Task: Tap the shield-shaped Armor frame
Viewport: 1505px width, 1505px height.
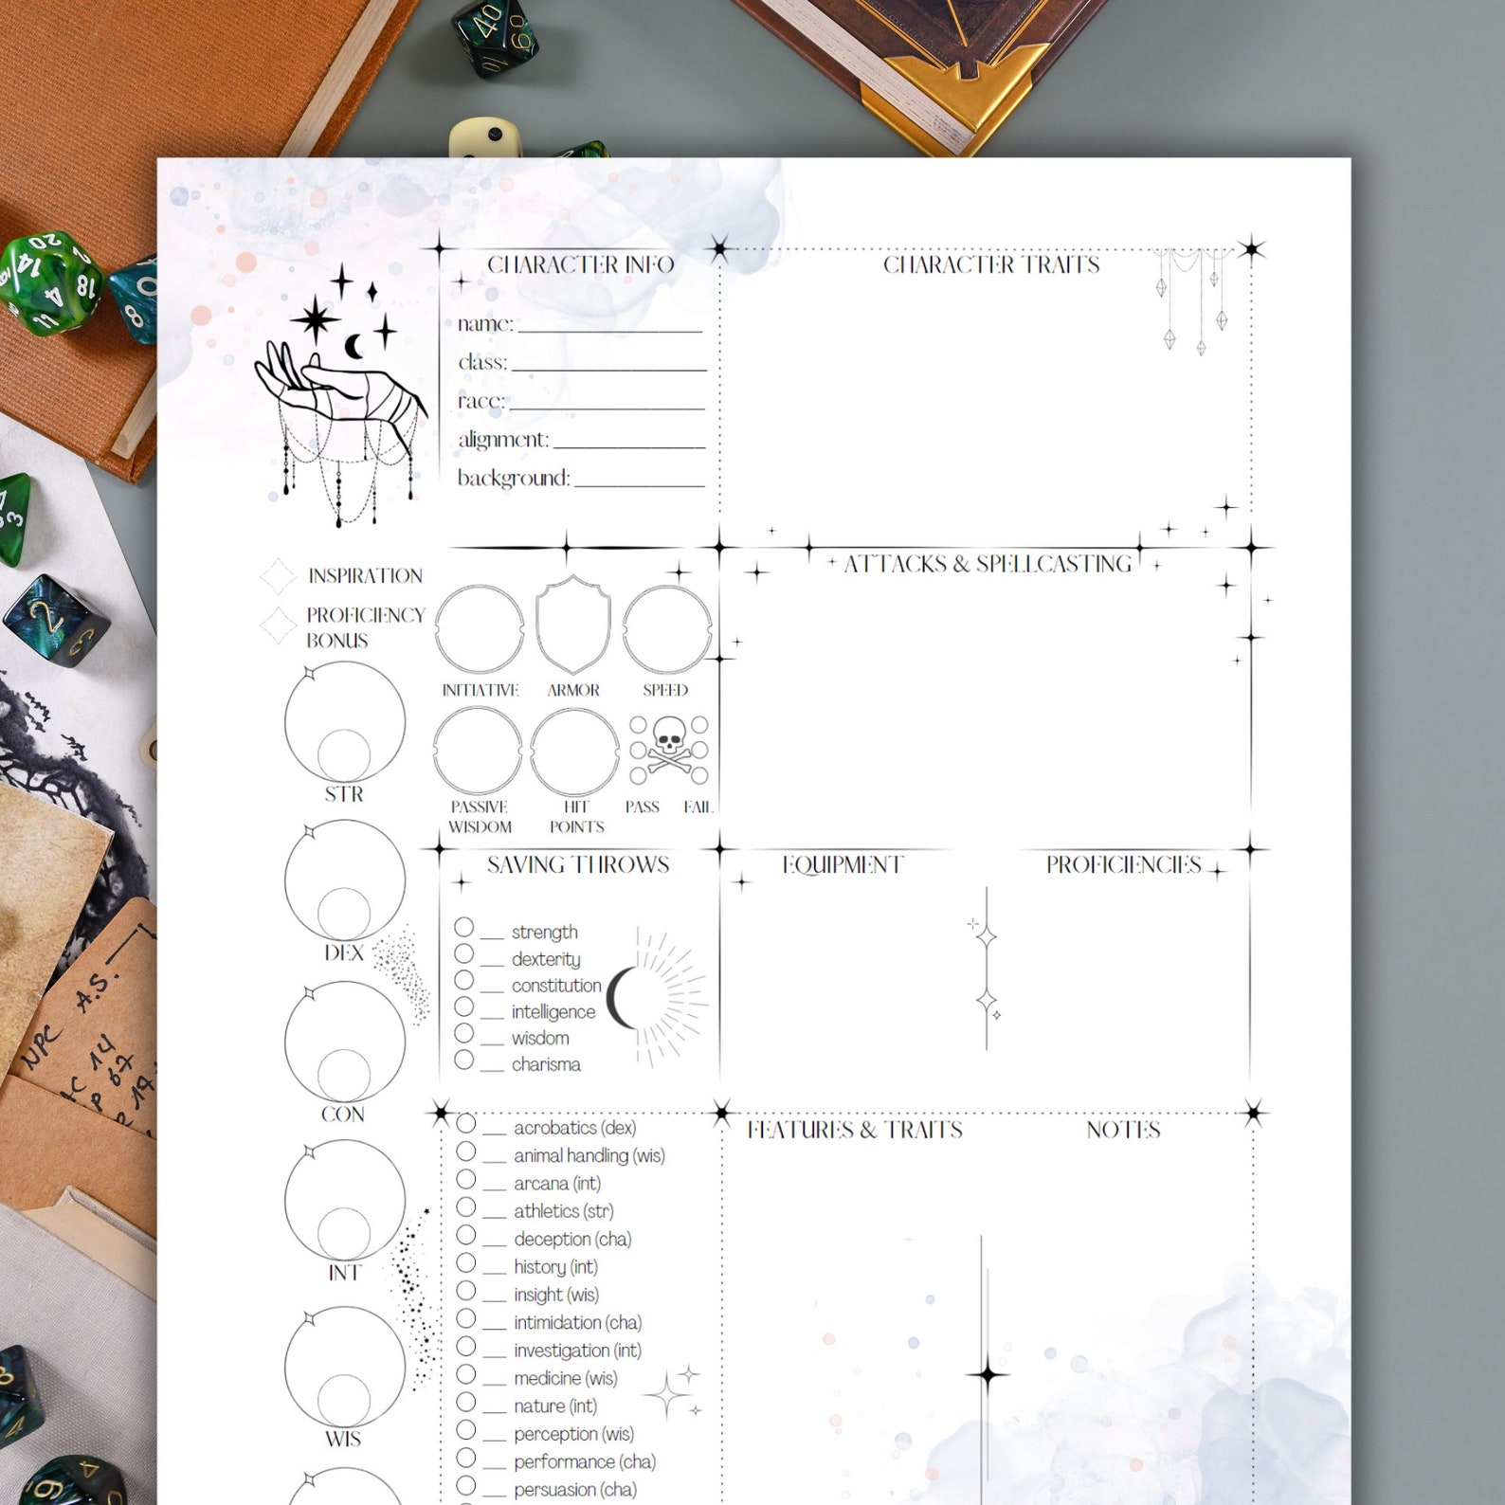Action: coord(572,626)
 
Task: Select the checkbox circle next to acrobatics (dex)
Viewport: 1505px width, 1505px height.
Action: coord(466,1123)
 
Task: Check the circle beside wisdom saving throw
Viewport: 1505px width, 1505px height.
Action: coord(463,1033)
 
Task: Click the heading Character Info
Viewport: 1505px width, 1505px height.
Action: coord(580,264)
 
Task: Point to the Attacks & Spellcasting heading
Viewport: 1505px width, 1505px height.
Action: coord(988,564)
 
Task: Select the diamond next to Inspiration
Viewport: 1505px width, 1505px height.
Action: coord(278,575)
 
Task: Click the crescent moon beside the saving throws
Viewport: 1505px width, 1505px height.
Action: coord(621,998)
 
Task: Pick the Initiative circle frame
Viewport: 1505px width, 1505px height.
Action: coord(479,629)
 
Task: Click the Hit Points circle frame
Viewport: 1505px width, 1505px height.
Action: coord(574,752)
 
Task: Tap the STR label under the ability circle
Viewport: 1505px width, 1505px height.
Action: coord(343,794)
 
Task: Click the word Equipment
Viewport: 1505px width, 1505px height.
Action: coord(843,864)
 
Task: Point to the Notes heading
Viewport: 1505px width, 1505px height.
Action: coord(1123,1130)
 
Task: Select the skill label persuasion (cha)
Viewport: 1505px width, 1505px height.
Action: coord(574,1489)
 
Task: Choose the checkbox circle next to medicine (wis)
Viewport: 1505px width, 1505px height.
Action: coord(466,1373)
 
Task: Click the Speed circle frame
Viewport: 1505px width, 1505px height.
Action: coord(666,629)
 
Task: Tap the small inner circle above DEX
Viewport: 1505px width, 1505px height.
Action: coord(344,913)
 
